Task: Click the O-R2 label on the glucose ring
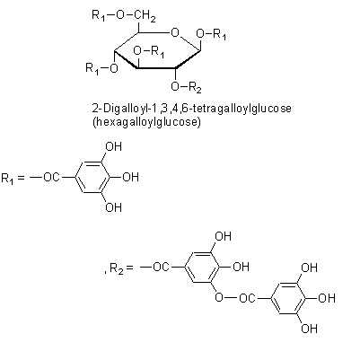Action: tap(186, 87)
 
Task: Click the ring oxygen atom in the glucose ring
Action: tap(174, 32)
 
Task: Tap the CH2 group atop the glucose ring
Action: tap(145, 15)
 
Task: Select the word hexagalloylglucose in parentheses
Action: tap(146, 122)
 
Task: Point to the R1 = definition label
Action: tap(13, 178)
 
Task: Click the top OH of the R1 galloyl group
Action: tap(114, 146)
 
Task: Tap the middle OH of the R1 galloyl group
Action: tap(131, 177)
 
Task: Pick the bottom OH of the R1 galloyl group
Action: tap(114, 207)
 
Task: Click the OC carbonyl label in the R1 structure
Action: tap(52, 177)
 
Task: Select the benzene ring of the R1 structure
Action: tap(91, 177)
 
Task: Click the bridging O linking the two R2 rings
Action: tap(219, 297)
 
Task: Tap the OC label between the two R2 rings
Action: tap(248, 298)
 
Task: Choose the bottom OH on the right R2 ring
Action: tap(309, 329)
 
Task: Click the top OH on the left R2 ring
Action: tap(224, 236)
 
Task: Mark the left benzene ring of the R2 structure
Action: tap(201, 267)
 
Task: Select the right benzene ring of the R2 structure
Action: tap(287, 298)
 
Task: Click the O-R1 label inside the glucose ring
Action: tap(149, 51)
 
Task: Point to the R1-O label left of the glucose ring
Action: tap(101, 68)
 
